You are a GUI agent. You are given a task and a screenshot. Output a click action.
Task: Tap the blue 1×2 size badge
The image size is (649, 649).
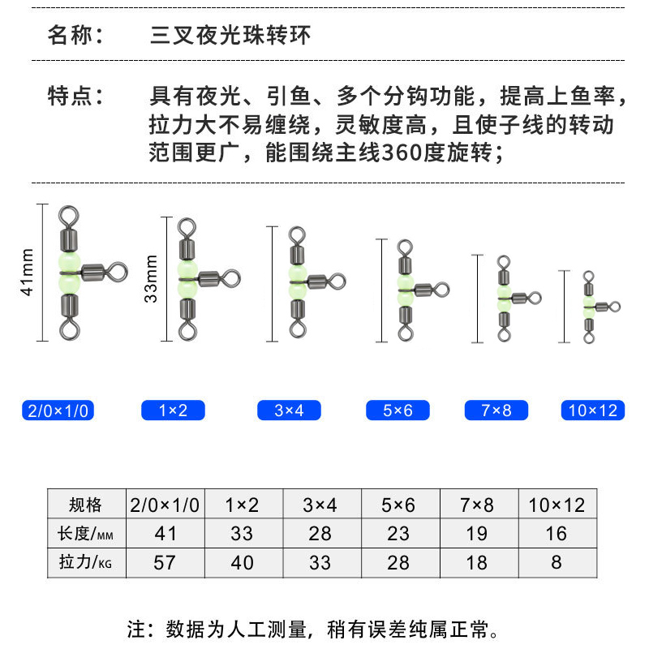(173, 410)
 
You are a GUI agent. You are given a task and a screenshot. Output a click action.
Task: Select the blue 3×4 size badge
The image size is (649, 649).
(289, 410)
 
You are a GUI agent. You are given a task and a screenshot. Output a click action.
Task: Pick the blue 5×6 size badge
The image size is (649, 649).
(398, 410)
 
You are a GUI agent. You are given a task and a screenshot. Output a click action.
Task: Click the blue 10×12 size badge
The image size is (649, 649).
(593, 410)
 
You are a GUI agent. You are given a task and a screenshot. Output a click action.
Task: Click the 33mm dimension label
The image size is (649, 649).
(151, 279)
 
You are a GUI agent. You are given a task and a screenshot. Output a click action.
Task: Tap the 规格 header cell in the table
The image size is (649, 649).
(86, 505)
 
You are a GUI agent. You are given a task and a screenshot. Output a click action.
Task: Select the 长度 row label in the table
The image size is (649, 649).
(86, 533)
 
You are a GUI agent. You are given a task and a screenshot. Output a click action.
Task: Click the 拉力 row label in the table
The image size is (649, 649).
(86, 561)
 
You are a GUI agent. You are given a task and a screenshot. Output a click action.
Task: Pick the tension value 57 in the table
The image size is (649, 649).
(165, 561)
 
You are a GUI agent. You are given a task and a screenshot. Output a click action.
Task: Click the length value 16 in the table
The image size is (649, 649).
(557, 533)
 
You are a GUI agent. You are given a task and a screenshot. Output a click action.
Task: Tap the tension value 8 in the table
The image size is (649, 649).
(557, 561)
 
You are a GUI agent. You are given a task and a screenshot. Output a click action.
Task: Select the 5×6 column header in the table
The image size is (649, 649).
(398, 505)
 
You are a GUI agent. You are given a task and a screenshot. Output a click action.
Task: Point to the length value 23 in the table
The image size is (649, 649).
(398, 533)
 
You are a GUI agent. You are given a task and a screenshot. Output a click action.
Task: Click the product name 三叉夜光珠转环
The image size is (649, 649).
(230, 37)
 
